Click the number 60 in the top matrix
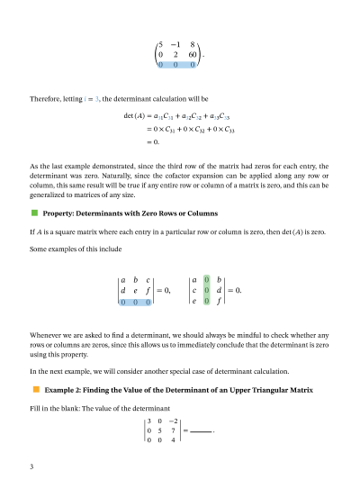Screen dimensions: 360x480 tap(193, 54)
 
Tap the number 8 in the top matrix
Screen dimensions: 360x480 tap(193, 43)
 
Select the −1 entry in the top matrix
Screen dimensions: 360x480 tap(176, 43)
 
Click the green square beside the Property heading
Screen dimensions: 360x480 tap(34, 213)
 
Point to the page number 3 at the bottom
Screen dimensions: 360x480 tap(31, 466)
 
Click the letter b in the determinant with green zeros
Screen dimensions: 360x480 tap(220, 280)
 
